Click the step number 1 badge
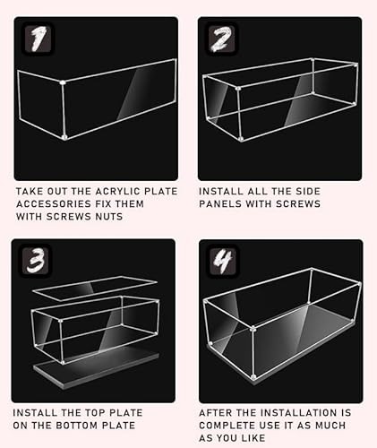[x=38, y=39]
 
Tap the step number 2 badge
[x=221, y=39]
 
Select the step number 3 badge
[x=36, y=260]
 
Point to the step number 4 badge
[x=223, y=260]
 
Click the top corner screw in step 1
[x=63, y=82]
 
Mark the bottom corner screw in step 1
[x=64, y=137]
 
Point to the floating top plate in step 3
[x=95, y=288]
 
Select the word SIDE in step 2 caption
[x=308, y=191]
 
